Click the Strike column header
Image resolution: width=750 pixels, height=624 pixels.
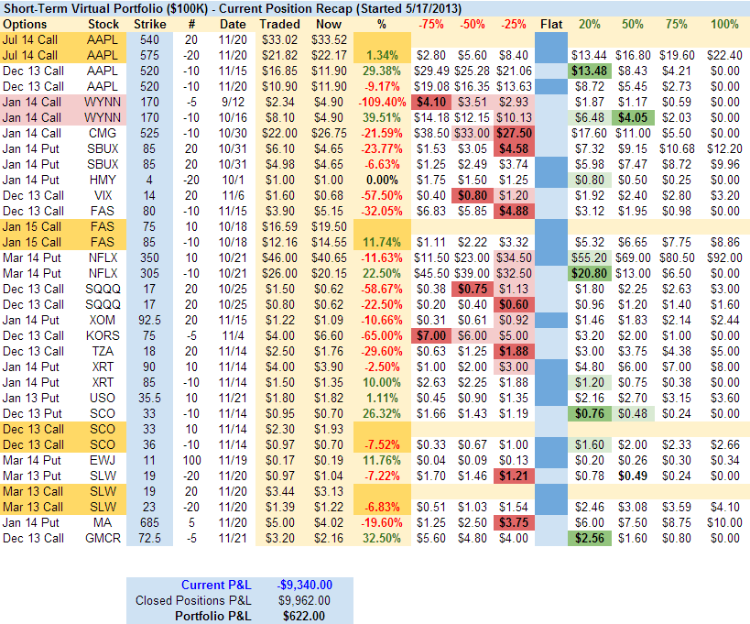pos(149,23)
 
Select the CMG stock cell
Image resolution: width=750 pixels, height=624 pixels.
pos(103,133)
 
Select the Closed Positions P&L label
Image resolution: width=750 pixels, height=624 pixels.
pos(193,600)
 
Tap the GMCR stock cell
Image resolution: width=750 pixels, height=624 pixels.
pos(103,538)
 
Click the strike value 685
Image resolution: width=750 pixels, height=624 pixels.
pos(149,522)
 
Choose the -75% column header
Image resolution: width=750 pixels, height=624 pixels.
pos(431,23)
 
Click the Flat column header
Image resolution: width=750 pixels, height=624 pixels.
pos(551,23)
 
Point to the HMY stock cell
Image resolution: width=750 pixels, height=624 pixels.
pos(103,180)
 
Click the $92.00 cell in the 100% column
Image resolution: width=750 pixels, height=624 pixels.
pos(723,257)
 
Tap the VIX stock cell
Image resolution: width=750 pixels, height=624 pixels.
pos(103,195)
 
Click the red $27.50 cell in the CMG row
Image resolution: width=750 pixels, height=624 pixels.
pos(514,133)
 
